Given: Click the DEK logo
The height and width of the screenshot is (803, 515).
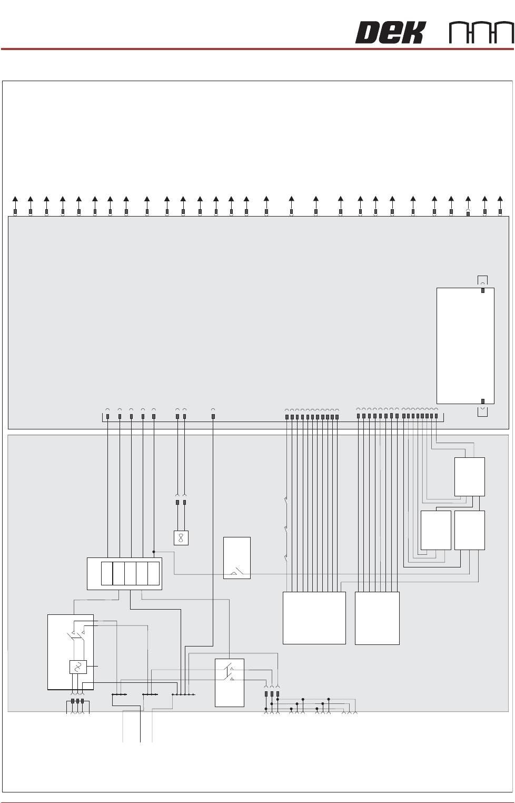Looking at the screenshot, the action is click(390, 33).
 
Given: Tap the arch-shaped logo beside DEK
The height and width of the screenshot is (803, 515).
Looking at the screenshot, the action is click(481, 33).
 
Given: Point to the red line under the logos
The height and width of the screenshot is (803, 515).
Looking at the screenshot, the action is click(257, 49).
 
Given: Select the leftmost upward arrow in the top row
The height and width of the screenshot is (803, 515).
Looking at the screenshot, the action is click(15, 199).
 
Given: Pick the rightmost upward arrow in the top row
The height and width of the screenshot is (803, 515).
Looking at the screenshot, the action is click(500, 199).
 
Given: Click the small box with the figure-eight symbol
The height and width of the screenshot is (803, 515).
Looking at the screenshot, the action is click(181, 538).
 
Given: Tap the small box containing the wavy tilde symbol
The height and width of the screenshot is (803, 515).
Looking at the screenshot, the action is click(78, 667).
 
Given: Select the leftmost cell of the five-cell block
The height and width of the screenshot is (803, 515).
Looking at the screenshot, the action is click(107, 574).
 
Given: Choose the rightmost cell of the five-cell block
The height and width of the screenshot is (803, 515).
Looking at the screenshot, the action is click(153, 574).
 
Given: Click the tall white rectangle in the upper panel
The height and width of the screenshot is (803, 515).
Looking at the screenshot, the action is click(465, 346).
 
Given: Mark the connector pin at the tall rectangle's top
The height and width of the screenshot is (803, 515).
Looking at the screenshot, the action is click(483, 290).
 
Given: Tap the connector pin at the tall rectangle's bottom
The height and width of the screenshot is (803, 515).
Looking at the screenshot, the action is click(483, 401).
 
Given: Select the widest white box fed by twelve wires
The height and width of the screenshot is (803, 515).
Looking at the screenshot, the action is click(314, 618).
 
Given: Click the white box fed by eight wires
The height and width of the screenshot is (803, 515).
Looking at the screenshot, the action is click(377, 618).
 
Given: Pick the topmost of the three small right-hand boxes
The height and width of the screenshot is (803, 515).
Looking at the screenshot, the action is click(469, 476).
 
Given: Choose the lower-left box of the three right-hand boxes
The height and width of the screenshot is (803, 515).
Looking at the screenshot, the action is click(435, 530).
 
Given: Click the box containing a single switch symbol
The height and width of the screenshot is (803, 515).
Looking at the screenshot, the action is click(236, 557).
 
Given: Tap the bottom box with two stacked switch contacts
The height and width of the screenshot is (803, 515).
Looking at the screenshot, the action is click(229, 682).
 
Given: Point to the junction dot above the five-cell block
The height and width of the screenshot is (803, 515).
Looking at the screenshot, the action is click(154, 552).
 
